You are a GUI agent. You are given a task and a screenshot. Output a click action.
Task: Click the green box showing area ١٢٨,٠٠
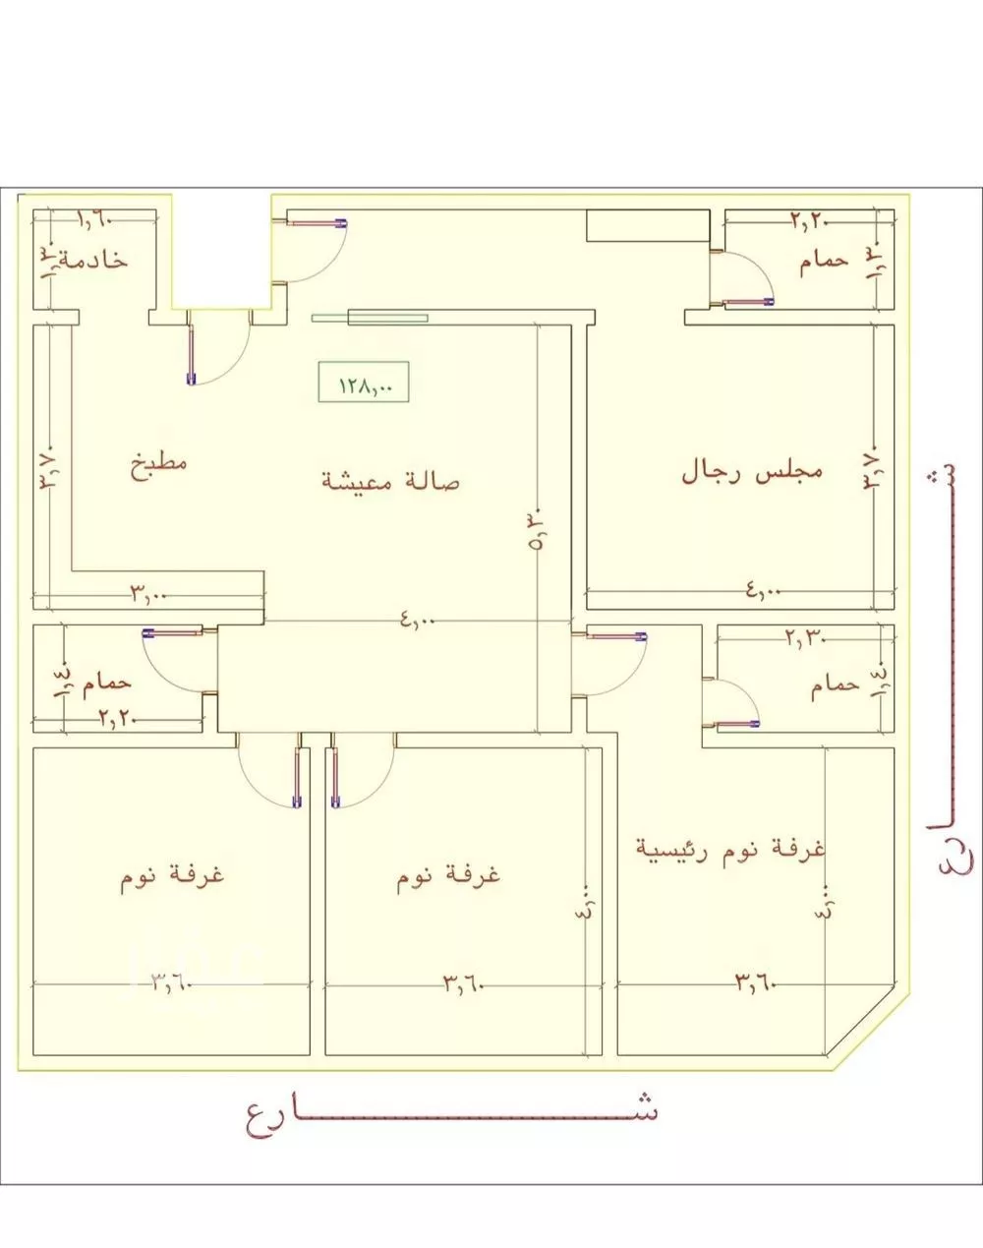coord(363,383)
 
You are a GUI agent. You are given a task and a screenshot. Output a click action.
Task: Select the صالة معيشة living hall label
coord(391,481)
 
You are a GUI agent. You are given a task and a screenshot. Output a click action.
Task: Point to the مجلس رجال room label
coord(752,471)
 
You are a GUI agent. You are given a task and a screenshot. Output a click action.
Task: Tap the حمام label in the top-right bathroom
coord(824,262)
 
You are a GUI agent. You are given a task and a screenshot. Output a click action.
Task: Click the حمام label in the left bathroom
coord(106,681)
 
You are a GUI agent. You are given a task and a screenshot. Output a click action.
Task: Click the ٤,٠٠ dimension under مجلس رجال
coord(761,590)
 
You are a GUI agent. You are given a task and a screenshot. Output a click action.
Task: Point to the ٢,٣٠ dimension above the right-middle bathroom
coord(805,636)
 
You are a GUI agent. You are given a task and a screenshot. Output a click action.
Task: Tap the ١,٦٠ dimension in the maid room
coord(95,221)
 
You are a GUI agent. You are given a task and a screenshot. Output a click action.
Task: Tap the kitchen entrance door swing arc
coord(221,349)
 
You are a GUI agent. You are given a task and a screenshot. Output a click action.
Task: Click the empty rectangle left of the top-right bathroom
coord(646,225)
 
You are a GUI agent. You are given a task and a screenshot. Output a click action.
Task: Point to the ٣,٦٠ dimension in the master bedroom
coord(755,981)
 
